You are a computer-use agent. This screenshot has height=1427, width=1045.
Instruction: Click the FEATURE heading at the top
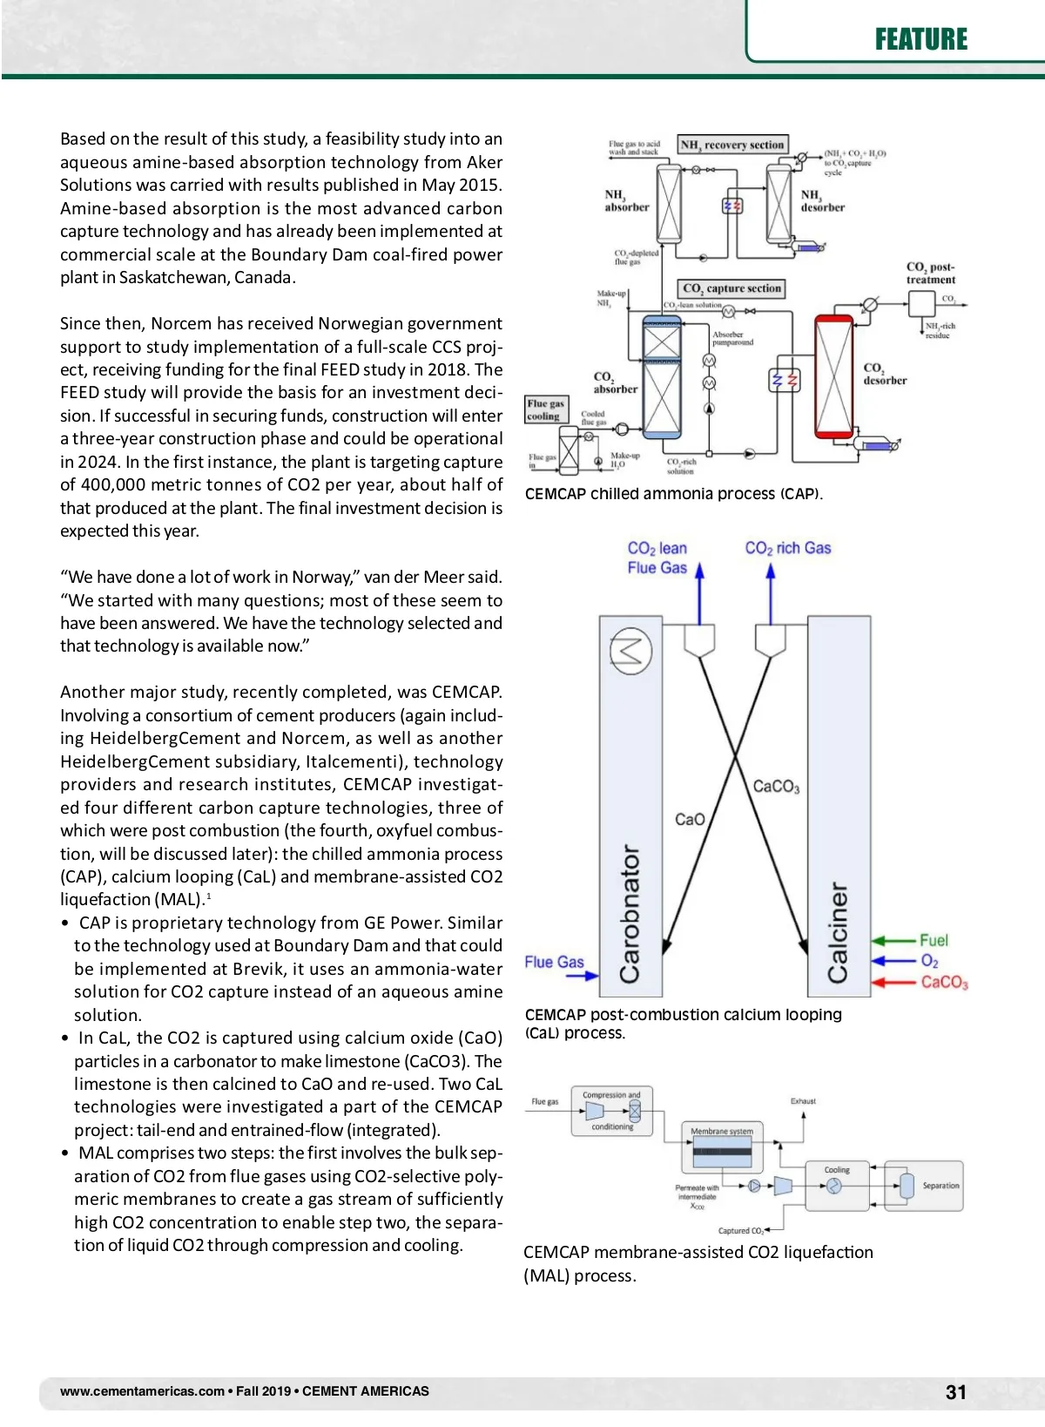920,39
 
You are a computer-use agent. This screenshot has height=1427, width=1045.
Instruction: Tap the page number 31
956,1392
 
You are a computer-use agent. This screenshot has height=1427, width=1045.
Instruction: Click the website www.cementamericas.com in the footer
142,1391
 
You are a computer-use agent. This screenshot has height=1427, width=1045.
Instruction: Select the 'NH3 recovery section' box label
732,145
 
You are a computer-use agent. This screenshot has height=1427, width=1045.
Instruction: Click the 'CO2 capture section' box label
731,288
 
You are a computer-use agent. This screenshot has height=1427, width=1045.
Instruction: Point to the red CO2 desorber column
833,375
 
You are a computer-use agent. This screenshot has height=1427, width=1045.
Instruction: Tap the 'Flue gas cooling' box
545,409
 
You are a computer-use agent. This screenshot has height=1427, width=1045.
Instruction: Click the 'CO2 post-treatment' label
930,274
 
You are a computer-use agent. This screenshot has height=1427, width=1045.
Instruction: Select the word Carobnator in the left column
630,914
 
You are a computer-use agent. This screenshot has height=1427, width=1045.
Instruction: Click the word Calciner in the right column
838,932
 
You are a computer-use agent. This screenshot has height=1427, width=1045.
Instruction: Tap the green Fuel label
934,940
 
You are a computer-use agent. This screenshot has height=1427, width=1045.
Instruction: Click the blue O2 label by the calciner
929,961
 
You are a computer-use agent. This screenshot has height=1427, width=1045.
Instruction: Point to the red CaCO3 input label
944,982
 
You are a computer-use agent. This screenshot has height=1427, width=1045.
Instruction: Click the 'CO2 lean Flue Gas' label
657,558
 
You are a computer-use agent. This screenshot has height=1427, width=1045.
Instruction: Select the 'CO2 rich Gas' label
787,548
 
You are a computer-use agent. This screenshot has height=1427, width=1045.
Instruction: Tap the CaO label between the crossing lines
690,820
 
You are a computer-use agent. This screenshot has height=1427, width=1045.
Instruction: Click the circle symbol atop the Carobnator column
630,651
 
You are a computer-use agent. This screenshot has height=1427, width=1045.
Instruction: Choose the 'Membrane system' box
722,1146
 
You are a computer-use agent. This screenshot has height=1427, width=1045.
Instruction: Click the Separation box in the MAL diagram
925,1186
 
